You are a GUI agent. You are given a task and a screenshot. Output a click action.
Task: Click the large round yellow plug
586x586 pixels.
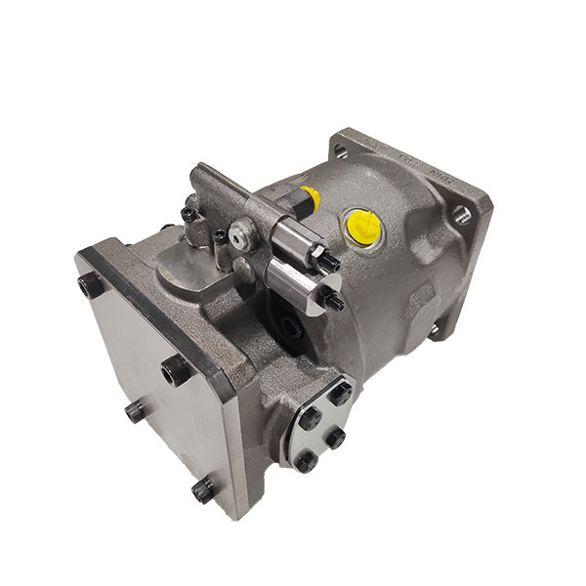pos(363,228)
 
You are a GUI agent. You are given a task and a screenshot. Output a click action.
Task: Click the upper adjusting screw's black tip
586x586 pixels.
pos(330,261)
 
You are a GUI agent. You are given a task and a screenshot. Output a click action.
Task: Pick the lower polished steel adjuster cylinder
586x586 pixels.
pos(296,282)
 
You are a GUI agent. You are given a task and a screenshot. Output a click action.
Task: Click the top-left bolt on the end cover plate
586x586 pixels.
pos(91,285)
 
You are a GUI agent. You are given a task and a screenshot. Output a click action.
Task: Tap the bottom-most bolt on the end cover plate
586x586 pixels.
pos(204,488)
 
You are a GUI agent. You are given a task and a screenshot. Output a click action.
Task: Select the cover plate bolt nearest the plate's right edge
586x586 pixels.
pos(176,370)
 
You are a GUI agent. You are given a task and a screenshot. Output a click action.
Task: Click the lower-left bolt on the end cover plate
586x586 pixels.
pos(137,411)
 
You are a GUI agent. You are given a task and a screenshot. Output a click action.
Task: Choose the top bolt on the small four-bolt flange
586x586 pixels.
pos(339,393)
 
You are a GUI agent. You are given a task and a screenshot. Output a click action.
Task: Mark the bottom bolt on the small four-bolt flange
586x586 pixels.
pos(307,460)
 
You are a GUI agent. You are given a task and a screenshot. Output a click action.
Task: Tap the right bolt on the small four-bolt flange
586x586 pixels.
pos(335,438)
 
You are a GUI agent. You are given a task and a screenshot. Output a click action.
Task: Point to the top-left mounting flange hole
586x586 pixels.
pos(341,150)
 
